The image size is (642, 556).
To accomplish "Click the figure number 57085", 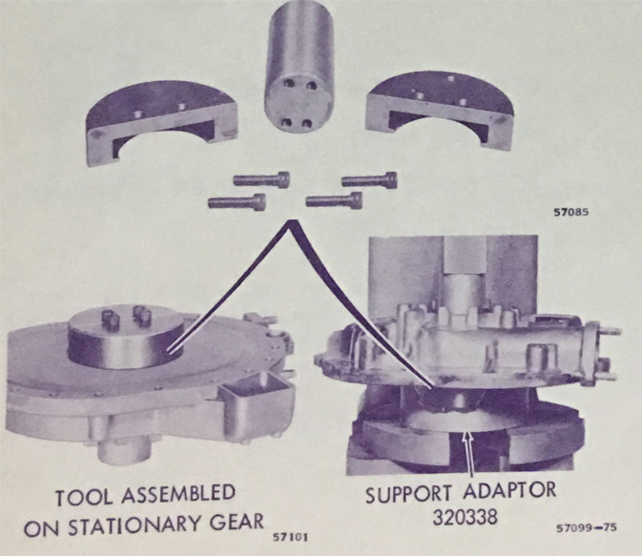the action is coord(571,213).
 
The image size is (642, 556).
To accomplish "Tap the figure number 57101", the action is coord(290,536).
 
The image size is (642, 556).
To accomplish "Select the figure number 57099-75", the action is coord(587,527).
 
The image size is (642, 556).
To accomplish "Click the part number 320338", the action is coord(466,517).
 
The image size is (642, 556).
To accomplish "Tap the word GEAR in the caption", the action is coord(238,522).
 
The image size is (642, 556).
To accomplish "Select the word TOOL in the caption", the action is coord(84,497).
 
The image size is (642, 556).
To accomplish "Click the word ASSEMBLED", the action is coord(178,494).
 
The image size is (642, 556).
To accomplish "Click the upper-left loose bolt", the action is coord(261,179).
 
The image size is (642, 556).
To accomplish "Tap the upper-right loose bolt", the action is coord(369,180).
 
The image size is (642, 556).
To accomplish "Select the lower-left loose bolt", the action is coord(237,201).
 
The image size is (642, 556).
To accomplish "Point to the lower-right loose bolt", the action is coord(334,199).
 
